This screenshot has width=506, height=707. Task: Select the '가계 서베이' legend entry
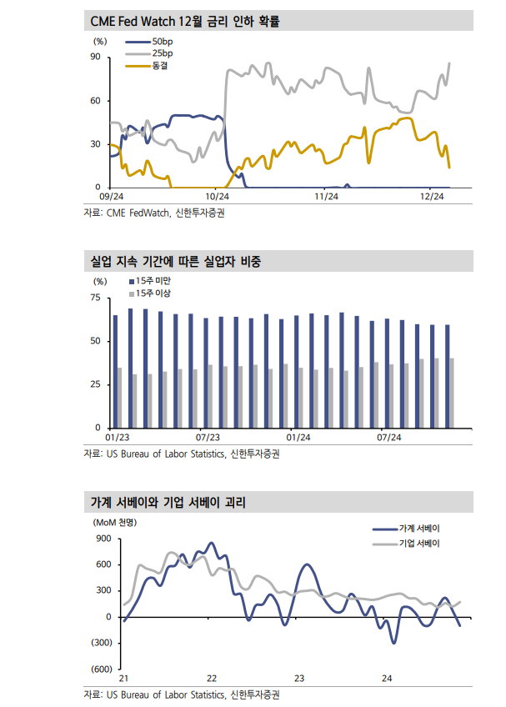419,529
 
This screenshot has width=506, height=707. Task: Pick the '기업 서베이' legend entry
419,543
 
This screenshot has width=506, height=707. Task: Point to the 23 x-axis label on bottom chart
299,679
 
